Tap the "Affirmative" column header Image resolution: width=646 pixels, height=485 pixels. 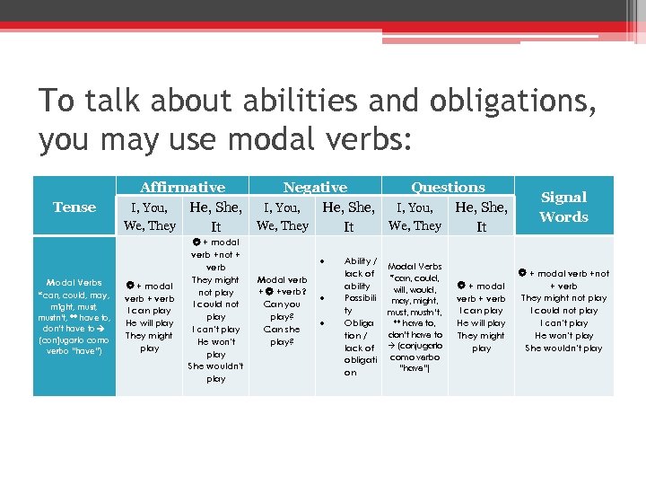pos(182,188)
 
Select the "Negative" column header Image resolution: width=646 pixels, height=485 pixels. pos(315,188)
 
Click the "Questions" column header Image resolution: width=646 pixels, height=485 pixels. pos(448,188)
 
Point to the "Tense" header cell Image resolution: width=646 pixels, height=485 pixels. pos(74,207)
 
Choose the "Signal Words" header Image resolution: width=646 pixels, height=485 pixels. pos(563,207)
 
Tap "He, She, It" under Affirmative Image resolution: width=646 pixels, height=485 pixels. pos(215,216)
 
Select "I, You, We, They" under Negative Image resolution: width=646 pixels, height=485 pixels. pos(283,216)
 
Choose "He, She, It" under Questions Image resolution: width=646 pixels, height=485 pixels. pos(481,216)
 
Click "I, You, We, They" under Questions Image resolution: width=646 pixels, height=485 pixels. pos(415,216)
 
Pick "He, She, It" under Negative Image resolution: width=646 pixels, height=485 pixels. pos(348,216)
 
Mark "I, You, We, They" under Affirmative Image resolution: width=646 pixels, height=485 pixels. pos(149,216)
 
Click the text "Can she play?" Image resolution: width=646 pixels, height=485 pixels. pos(283,335)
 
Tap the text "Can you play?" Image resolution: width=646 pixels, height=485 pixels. pos(283,310)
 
